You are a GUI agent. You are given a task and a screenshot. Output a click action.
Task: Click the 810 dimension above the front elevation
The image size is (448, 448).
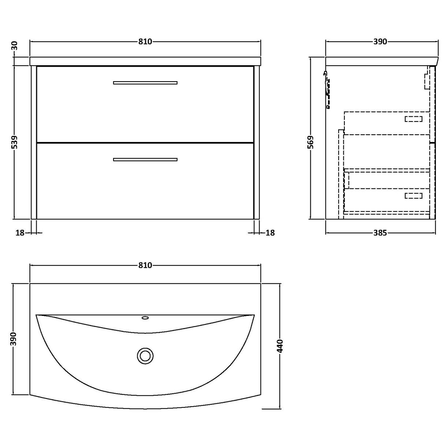point(145,42)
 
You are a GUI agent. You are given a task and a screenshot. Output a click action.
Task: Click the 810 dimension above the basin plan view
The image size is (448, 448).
point(145,265)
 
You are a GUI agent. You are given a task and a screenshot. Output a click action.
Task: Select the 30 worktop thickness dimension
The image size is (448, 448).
point(14,46)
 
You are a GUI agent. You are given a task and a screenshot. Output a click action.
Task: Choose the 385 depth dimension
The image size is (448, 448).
point(380,232)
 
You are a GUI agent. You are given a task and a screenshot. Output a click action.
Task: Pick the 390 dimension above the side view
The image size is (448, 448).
point(380,42)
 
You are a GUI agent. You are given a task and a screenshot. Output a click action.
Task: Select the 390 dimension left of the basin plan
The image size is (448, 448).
point(14,339)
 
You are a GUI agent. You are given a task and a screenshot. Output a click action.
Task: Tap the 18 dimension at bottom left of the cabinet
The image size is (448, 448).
point(20,232)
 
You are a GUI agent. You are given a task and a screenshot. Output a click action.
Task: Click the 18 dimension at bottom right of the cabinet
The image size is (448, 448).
point(270,232)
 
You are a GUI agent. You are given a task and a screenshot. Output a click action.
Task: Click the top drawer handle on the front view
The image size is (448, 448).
point(145,83)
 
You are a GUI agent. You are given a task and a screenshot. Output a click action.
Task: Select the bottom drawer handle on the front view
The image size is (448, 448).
point(145,159)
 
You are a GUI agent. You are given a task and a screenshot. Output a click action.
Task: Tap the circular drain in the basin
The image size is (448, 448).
point(145,355)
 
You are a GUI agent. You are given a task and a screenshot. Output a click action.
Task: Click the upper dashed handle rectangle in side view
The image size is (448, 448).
point(413,119)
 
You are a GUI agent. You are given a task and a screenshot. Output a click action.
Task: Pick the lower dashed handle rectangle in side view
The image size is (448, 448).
point(413,196)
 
